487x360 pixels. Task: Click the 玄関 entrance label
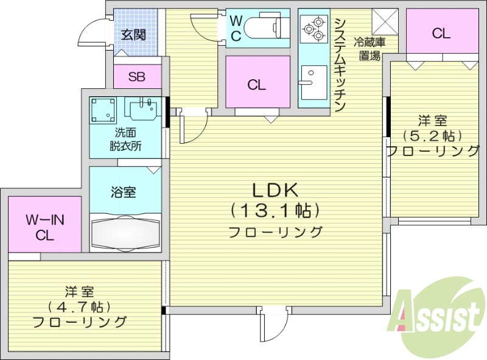[133, 35]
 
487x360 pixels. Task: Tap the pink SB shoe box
[137, 77]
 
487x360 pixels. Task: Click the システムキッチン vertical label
[340, 65]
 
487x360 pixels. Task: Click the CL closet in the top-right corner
[441, 34]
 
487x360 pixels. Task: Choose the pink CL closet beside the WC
[256, 84]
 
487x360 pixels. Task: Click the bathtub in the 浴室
[125, 233]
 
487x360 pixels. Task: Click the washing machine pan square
[103, 110]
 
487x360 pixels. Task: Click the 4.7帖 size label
[79, 306]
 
